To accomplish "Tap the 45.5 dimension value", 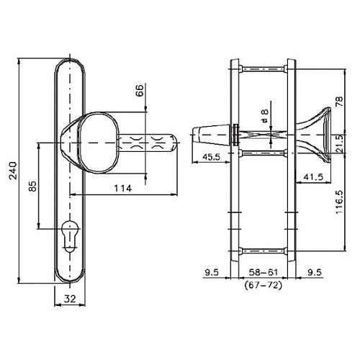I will coord(212,158).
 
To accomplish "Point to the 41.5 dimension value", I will coord(311,176).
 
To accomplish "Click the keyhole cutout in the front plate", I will coord(71,238).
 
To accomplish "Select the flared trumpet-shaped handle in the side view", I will coord(319,136).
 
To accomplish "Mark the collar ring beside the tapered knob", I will coord(235,135).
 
